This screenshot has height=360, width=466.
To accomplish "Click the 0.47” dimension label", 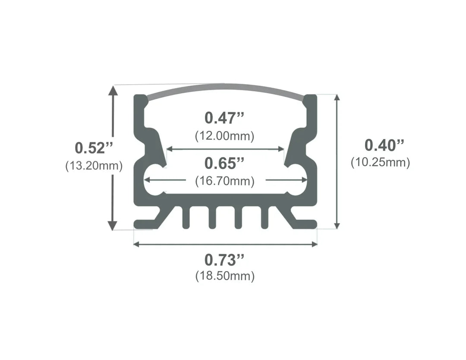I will pos(224,117).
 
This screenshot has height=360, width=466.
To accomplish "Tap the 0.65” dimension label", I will pos(224,164).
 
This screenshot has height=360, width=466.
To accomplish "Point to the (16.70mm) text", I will pos(224,181).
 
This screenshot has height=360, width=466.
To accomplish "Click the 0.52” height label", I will pos(94,148).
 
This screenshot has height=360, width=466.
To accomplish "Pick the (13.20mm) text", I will pos(94,166).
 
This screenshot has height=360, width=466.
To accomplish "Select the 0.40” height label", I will pos(384,145).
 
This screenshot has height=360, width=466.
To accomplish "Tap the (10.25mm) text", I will pos(380,162).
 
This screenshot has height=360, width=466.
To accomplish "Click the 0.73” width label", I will pos(224,260).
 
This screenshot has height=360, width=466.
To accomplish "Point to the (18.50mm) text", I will pos(224,276).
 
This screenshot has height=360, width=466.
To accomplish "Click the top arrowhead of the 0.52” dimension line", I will pos(113,90).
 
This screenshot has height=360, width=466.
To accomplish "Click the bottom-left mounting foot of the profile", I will pos(145,224).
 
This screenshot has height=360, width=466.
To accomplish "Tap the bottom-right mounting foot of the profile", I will pos(307,224).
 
